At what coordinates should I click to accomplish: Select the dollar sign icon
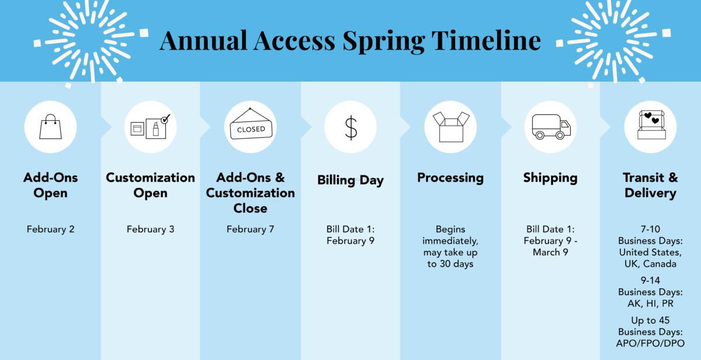350,127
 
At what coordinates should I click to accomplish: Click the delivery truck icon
551,127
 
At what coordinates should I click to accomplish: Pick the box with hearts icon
650,126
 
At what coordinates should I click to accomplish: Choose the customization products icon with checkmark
150,126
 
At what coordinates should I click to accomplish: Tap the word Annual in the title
204,40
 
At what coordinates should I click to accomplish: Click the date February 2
50,229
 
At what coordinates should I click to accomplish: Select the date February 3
150,229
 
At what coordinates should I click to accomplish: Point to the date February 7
250,229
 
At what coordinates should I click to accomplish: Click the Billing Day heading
350,180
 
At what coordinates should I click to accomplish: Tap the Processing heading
450,178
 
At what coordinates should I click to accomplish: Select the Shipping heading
550,178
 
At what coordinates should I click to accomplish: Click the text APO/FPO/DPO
650,344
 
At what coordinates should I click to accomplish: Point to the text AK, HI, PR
650,303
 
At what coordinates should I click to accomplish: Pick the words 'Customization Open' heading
150,185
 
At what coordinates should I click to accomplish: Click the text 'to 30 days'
450,264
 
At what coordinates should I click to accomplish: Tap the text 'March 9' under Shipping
550,252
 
